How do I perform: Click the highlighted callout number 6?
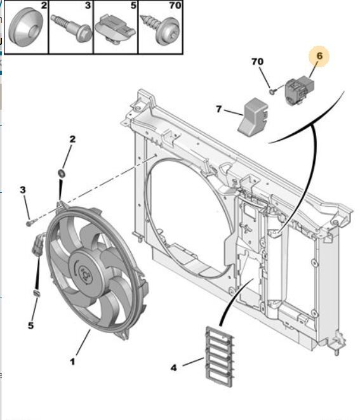pos(319,56)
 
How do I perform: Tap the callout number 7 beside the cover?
pos(219,109)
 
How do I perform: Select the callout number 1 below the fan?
pos(72,362)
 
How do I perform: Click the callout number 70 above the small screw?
pos(257,62)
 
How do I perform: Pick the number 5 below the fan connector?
pos(30,326)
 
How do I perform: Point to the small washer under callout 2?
pos(62,173)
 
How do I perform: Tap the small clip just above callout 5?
pos(36,294)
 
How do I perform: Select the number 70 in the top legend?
pos(174,6)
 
